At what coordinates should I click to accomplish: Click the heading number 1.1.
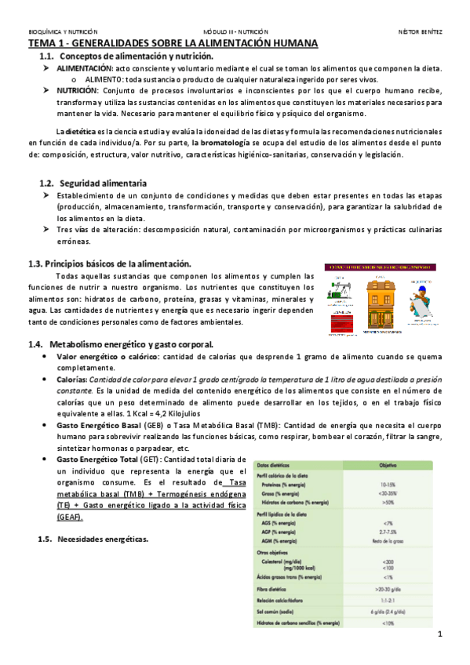[x=48, y=57]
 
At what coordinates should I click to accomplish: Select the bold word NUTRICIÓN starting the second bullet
[x=77, y=90]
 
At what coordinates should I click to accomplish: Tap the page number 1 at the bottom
[x=441, y=634]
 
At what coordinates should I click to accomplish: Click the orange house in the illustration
[x=380, y=297]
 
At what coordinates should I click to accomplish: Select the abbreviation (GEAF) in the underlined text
[x=69, y=518]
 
